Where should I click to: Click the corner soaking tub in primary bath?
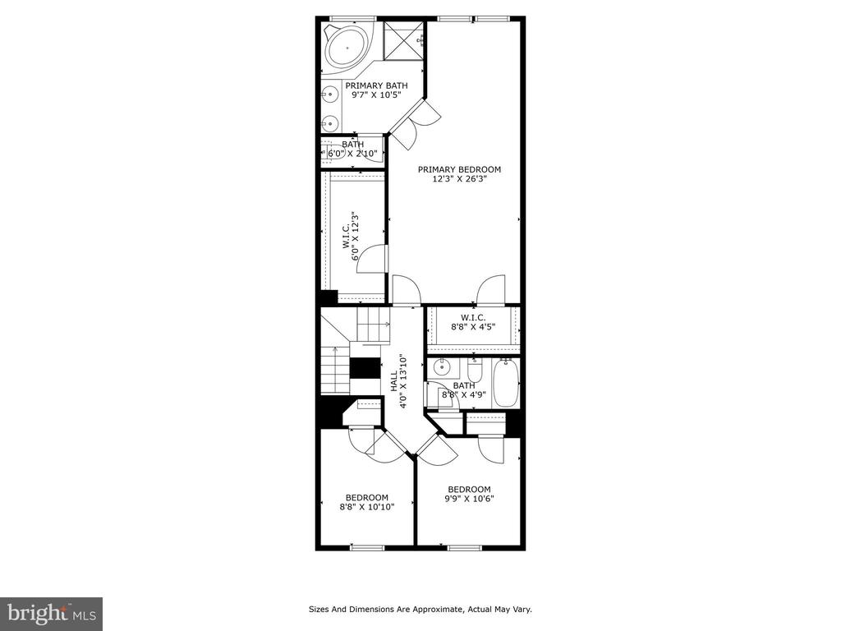click(x=347, y=48)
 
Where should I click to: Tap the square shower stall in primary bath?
click(x=404, y=41)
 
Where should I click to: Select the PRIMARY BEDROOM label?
click(x=460, y=169)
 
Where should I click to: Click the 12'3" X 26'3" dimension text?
click(x=460, y=179)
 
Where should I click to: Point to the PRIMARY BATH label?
click(x=376, y=85)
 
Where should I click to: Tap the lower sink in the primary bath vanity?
click(x=330, y=124)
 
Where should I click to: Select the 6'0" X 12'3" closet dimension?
click(x=355, y=237)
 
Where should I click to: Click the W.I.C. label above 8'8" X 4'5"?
click(x=473, y=318)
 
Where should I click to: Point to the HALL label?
click(x=394, y=381)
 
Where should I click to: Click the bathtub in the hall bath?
click(x=505, y=383)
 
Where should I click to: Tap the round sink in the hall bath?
click(x=442, y=367)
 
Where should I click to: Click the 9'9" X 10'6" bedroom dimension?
click(x=469, y=499)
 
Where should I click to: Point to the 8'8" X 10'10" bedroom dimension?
click(x=367, y=506)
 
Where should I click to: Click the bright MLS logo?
click(x=52, y=613)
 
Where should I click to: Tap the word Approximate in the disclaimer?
click(x=439, y=610)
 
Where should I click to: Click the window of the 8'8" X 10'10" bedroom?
click(x=367, y=548)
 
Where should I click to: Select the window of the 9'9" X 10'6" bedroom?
click(x=465, y=548)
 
